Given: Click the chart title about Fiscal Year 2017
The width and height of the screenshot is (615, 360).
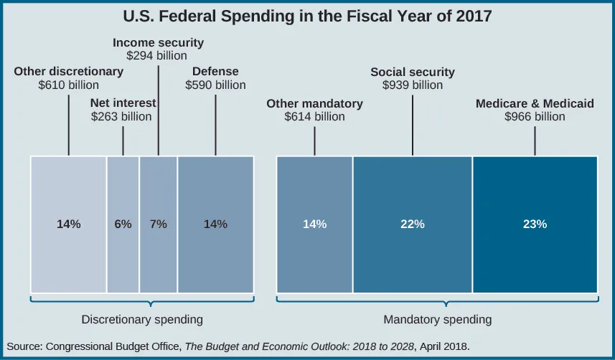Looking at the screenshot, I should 307,16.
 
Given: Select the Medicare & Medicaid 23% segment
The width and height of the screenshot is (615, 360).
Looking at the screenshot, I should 535,224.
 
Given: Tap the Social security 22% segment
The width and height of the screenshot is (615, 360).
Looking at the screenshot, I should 412,224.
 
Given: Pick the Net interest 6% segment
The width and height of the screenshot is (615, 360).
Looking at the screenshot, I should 123,224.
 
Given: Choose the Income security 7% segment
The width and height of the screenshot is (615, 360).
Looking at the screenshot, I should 158,224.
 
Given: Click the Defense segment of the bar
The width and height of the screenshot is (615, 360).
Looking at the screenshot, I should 215,224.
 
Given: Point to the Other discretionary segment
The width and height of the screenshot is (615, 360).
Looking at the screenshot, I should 68,224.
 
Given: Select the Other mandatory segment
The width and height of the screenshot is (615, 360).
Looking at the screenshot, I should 314,224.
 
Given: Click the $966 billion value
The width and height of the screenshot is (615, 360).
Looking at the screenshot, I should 535,116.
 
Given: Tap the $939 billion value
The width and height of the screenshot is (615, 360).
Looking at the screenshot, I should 412,85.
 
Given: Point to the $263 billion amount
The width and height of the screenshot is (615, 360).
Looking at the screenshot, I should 122,116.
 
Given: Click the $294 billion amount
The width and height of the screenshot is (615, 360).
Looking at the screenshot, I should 157,56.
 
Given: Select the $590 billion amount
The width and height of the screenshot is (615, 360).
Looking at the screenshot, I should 215,85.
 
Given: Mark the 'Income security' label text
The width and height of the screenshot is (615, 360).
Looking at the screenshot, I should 158,43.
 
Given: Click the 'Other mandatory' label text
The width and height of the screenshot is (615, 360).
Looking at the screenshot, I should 314,104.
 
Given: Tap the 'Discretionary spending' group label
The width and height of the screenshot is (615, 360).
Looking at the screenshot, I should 142,318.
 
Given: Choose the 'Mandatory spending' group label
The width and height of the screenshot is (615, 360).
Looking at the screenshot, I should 438,318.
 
